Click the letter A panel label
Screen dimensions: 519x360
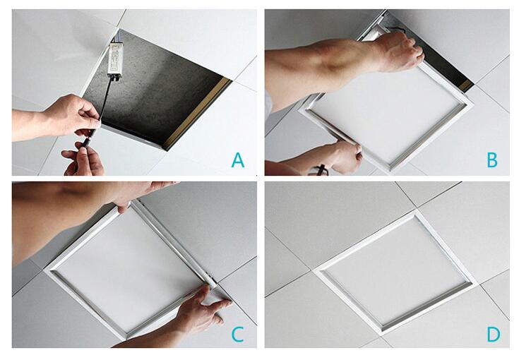tap(238, 160)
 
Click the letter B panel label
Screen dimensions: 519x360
tap(492, 160)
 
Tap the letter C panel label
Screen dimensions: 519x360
tap(238, 334)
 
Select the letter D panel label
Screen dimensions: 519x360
tap(493, 334)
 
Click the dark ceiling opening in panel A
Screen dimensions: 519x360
tap(155, 90)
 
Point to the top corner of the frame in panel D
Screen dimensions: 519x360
tap(414, 212)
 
